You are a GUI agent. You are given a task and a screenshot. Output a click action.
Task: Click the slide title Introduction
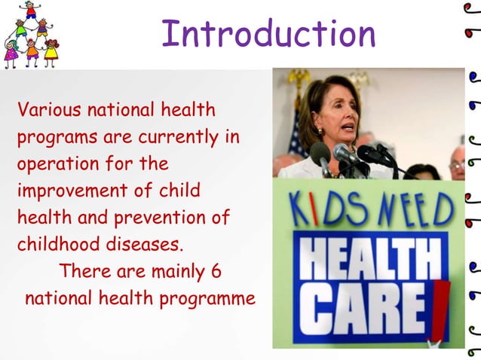268,34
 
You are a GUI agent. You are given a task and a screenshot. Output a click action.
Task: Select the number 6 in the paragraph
216,270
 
